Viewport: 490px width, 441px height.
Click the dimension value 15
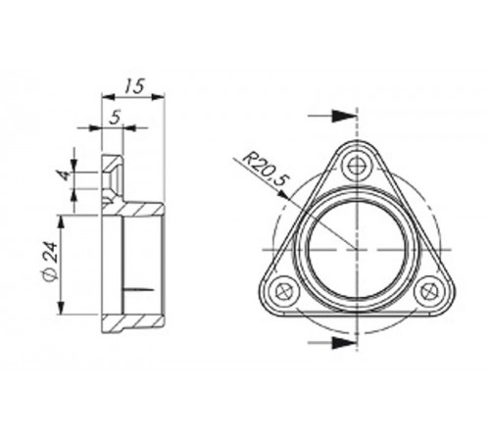coord(135,86)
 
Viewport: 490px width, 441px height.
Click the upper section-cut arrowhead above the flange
coord(342,116)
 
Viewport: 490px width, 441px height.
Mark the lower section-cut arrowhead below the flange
coord(342,343)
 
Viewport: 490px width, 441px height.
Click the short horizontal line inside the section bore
coord(137,290)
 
